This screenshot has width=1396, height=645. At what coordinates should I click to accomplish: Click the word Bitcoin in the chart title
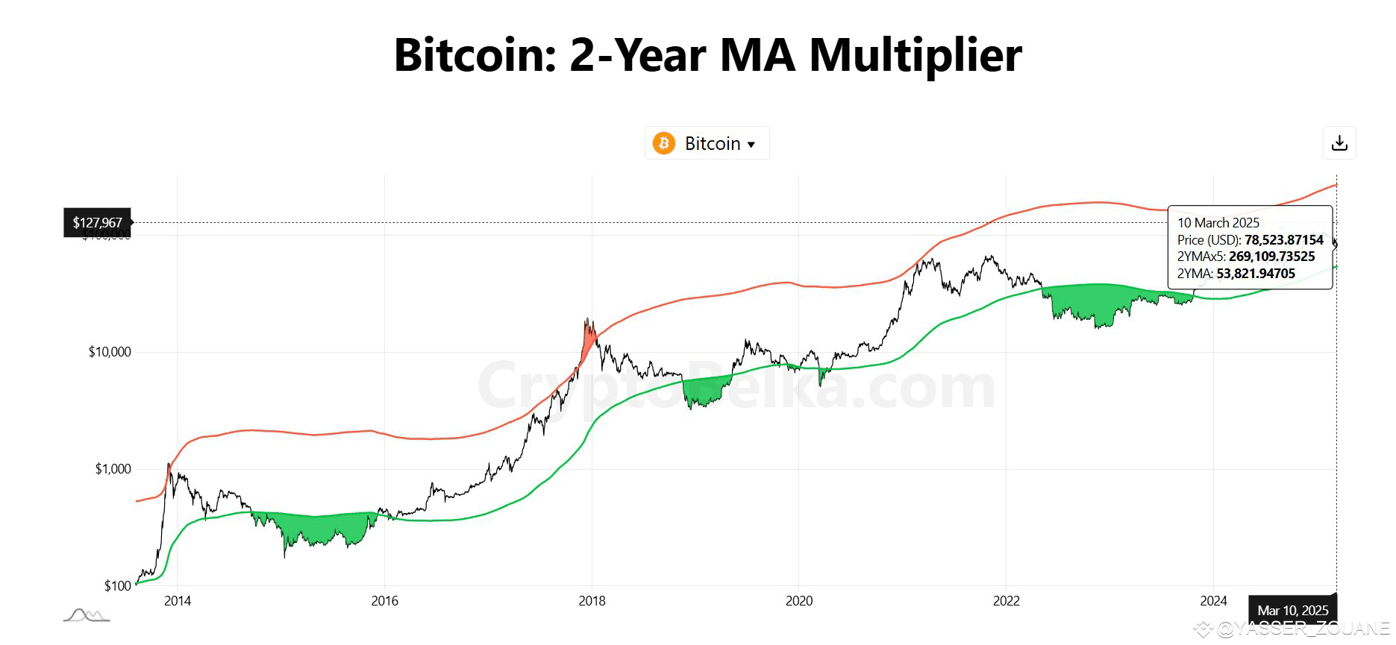pos(475,55)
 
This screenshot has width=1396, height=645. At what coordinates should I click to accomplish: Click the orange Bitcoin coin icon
pos(663,143)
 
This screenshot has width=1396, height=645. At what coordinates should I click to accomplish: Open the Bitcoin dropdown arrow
pos(751,145)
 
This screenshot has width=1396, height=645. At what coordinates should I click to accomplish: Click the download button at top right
pos(1339,143)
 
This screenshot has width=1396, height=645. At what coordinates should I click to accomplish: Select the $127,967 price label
pos(97,223)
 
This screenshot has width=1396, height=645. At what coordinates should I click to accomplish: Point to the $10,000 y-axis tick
pos(109,352)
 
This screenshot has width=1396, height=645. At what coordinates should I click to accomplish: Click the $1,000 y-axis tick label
pos(112,469)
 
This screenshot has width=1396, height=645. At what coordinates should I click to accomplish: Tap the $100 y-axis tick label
pos(117,585)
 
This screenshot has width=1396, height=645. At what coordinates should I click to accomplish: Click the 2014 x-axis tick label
pos(177,601)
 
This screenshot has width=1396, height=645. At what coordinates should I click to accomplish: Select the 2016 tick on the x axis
pos(384,601)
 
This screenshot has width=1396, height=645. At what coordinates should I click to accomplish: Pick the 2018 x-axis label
pos(592,601)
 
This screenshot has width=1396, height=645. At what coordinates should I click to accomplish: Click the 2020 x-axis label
pos(799,601)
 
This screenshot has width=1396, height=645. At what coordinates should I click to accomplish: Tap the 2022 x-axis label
pos(1007,601)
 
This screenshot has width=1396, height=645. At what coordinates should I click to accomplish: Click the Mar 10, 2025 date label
pos(1293,611)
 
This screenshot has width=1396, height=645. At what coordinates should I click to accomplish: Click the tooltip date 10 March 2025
pos(1218,223)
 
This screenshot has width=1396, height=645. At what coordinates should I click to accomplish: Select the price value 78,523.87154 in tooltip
pos(1283,240)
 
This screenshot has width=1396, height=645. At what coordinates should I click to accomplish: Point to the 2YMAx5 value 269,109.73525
pos(1271,257)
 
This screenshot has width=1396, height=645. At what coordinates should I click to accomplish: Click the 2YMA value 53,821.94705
pos(1256,274)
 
